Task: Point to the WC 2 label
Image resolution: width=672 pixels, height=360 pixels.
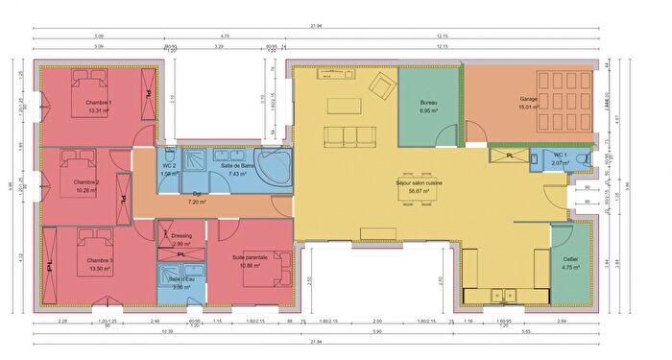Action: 170,165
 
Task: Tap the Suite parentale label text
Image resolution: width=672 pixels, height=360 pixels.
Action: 251,256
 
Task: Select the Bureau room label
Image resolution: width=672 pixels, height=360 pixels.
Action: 428,102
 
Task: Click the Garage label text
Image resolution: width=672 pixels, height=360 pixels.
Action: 528,99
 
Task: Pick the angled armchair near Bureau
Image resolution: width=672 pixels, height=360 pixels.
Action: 382,85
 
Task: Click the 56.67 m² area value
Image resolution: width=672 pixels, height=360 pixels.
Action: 418,191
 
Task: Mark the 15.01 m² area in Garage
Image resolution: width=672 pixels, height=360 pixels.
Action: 529,108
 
